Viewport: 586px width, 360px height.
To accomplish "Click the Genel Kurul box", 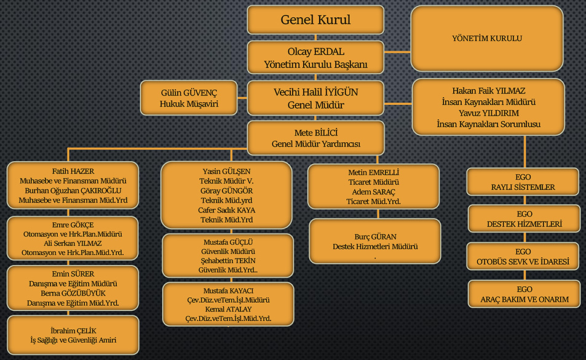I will tap(315, 20).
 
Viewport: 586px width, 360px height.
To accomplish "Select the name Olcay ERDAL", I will tap(315, 52).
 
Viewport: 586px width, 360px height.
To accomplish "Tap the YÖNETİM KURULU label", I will tap(486, 38).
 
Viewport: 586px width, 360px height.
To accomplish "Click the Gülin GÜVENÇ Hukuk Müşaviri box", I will tap(188, 98).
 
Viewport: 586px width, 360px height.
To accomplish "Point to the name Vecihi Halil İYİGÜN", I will tap(315, 92).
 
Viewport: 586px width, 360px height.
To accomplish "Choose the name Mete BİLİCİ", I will tap(315, 132).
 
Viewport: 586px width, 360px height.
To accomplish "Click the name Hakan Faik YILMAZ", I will tap(488, 90).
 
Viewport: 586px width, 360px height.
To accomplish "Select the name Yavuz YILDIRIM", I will tap(488, 113).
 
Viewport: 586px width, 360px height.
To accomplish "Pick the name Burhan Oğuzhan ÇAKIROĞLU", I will tap(73, 190).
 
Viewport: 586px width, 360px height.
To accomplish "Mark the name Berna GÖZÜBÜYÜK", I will tap(73, 293).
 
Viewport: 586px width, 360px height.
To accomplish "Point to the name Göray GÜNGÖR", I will tap(227, 190).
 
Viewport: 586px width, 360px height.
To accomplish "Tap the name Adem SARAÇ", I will tap(373, 192).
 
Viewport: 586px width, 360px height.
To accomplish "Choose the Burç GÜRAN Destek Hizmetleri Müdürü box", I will tap(374, 242).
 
